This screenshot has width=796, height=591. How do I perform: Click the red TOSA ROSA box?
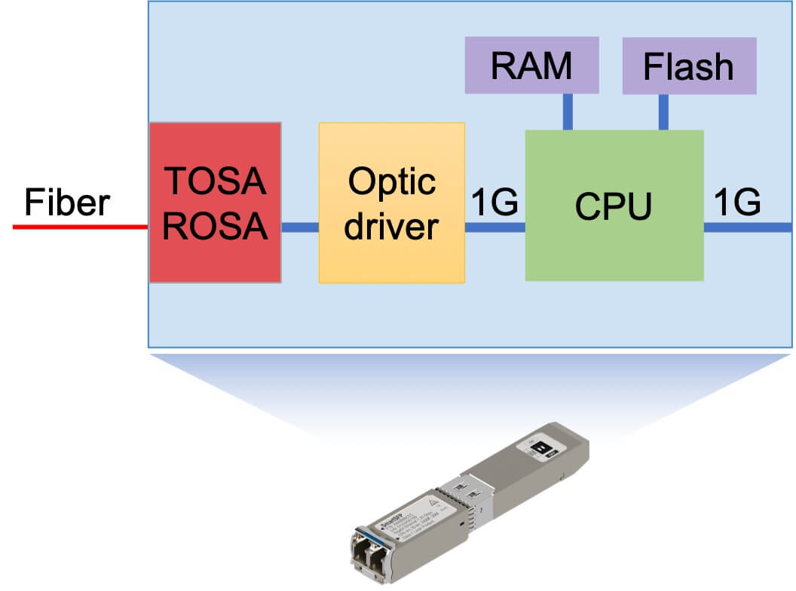coord(215,203)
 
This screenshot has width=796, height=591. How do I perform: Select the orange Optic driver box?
coord(391,203)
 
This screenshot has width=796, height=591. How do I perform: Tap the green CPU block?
coord(614,205)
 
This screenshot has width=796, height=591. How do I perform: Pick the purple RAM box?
coord(531,65)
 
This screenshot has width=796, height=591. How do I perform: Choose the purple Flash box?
coord(688,65)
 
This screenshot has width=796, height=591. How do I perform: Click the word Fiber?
coord(67,203)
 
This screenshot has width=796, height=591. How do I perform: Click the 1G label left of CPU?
coord(494,203)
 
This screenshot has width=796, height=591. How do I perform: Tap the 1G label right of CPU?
coord(736,203)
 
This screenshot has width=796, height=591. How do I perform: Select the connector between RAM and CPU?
coord(567,111)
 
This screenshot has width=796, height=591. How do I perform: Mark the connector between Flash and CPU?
coord(663,111)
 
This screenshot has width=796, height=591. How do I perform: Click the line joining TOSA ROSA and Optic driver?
coord(300,227)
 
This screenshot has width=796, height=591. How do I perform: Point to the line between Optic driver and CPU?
coord(494,227)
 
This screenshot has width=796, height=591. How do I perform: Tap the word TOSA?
coord(215,181)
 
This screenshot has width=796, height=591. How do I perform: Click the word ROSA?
coord(215,225)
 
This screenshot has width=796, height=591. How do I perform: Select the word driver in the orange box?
coord(391,225)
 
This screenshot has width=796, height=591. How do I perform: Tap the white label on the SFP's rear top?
coord(540,449)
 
